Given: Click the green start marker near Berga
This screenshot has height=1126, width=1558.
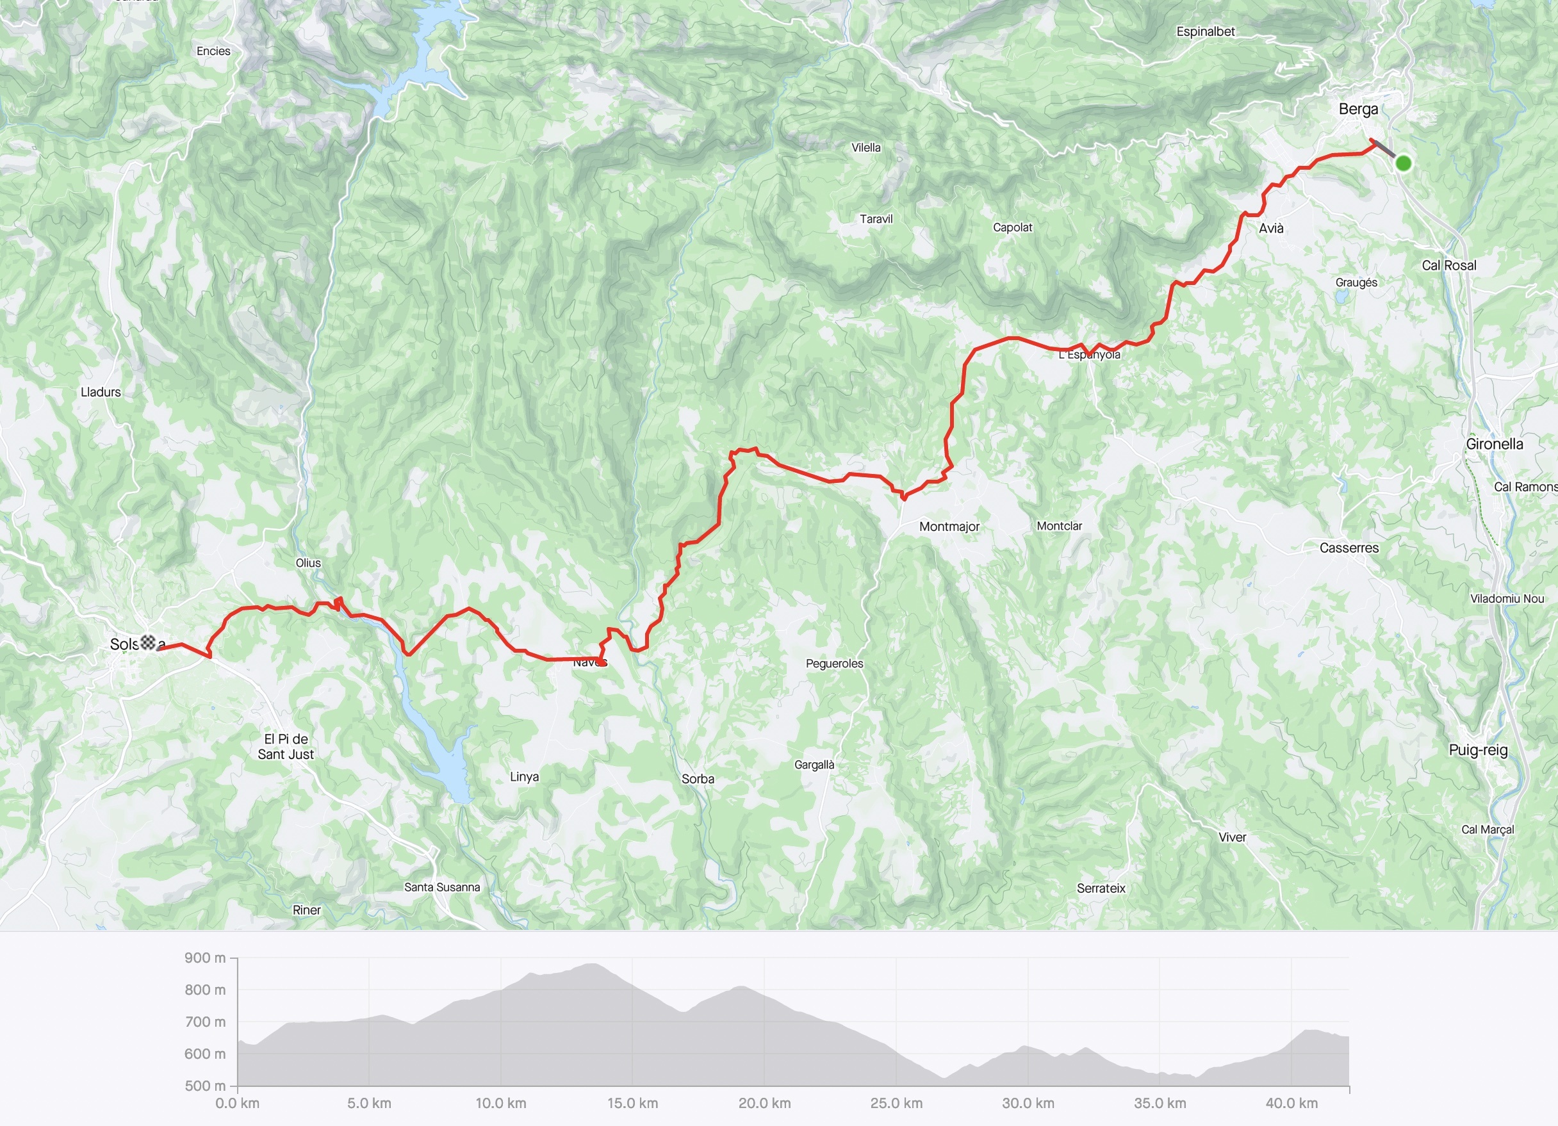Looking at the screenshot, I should tap(1404, 163).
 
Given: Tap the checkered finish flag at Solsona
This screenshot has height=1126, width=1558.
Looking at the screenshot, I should tap(149, 643).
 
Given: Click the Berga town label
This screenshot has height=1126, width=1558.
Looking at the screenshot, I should tap(1358, 110).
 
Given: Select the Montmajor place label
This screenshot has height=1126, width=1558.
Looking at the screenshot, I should tap(949, 527).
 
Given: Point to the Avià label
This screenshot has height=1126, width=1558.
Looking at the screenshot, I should tap(1271, 229).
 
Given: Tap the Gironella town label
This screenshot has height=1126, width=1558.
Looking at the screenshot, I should tap(1494, 445).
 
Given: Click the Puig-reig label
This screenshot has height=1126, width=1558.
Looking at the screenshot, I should tap(1478, 750).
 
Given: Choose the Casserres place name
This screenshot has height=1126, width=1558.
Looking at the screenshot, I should tap(1349, 548).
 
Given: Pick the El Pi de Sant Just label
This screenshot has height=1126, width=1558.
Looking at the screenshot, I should tap(286, 747).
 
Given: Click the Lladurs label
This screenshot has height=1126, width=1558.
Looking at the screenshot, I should tap(101, 392).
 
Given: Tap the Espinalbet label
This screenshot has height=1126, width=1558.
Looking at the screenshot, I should tap(1205, 31).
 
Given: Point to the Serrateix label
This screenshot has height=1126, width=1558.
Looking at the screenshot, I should tap(1101, 889).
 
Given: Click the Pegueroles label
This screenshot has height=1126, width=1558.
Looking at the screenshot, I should tap(834, 664).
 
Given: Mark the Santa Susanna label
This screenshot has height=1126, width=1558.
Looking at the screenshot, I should tap(441, 888).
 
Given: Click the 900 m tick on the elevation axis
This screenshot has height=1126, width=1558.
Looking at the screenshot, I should tap(205, 958).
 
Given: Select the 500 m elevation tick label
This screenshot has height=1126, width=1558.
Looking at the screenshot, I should tap(205, 1086).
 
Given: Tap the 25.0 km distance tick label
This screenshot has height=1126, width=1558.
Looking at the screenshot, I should tap(896, 1104).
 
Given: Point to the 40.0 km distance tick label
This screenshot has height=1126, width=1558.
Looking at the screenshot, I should tap(1291, 1104).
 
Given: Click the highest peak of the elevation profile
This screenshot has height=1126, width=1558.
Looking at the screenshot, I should tap(592, 965).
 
